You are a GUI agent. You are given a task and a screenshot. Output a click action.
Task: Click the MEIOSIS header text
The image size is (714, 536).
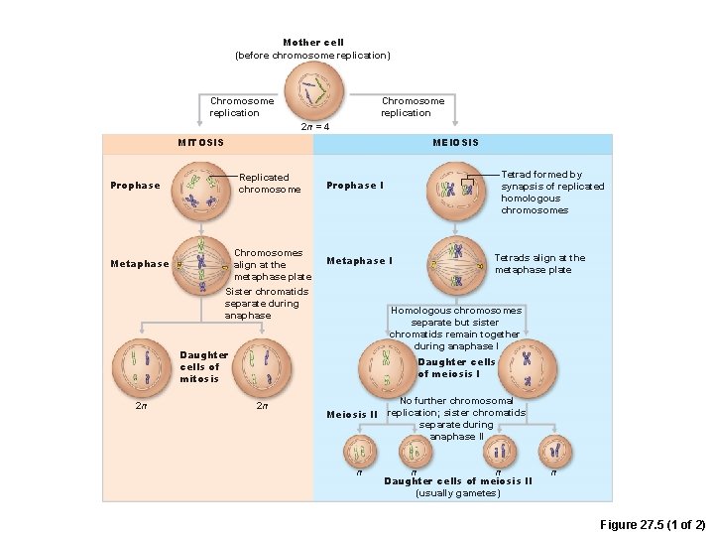[455, 143]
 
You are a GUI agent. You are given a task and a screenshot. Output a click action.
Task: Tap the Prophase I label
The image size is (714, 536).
[354, 186]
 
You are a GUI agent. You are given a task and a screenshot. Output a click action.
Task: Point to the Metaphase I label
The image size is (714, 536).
[359, 261]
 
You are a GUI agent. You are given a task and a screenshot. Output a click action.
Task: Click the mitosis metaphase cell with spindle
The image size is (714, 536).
[201, 265]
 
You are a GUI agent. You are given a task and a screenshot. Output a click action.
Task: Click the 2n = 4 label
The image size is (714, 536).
[314, 127]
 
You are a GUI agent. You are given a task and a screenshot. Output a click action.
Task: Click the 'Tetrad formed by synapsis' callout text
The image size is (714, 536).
[552, 193]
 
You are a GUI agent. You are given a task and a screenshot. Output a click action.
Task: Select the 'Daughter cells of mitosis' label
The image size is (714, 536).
[203, 366]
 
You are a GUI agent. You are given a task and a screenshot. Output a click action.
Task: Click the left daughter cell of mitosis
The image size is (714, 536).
[140, 366]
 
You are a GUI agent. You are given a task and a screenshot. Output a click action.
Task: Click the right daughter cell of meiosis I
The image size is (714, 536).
[527, 366]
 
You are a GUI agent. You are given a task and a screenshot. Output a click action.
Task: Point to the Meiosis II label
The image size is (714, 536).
[352, 414]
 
